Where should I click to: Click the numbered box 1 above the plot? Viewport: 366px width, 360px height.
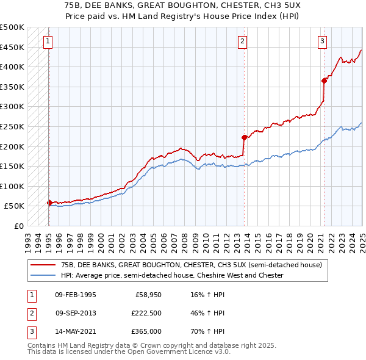click(x=48, y=41)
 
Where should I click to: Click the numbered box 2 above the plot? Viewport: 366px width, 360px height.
click(x=242, y=41)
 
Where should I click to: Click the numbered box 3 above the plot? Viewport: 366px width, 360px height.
click(x=322, y=41)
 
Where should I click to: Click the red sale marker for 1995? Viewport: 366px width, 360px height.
click(x=49, y=203)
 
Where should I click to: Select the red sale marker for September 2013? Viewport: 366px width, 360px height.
click(x=244, y=137)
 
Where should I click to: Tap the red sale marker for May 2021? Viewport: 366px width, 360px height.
click(x=324, y=81)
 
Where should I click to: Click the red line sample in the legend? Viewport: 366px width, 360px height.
click(x=43, y=265)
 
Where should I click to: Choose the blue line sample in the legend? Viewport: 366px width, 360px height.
click(x=43, y=275)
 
